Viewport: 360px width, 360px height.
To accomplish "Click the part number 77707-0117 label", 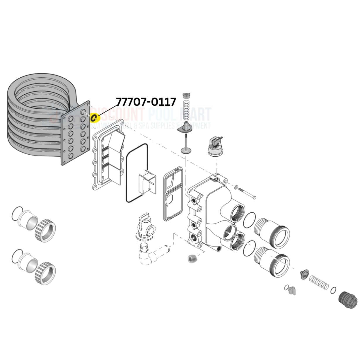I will (x=146, y=102).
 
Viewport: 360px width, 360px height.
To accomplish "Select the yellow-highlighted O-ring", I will (x=95, y=118).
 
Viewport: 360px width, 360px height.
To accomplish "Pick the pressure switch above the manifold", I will (x=215, y=145).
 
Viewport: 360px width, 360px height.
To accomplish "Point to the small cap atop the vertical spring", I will (x=186, y=95).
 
